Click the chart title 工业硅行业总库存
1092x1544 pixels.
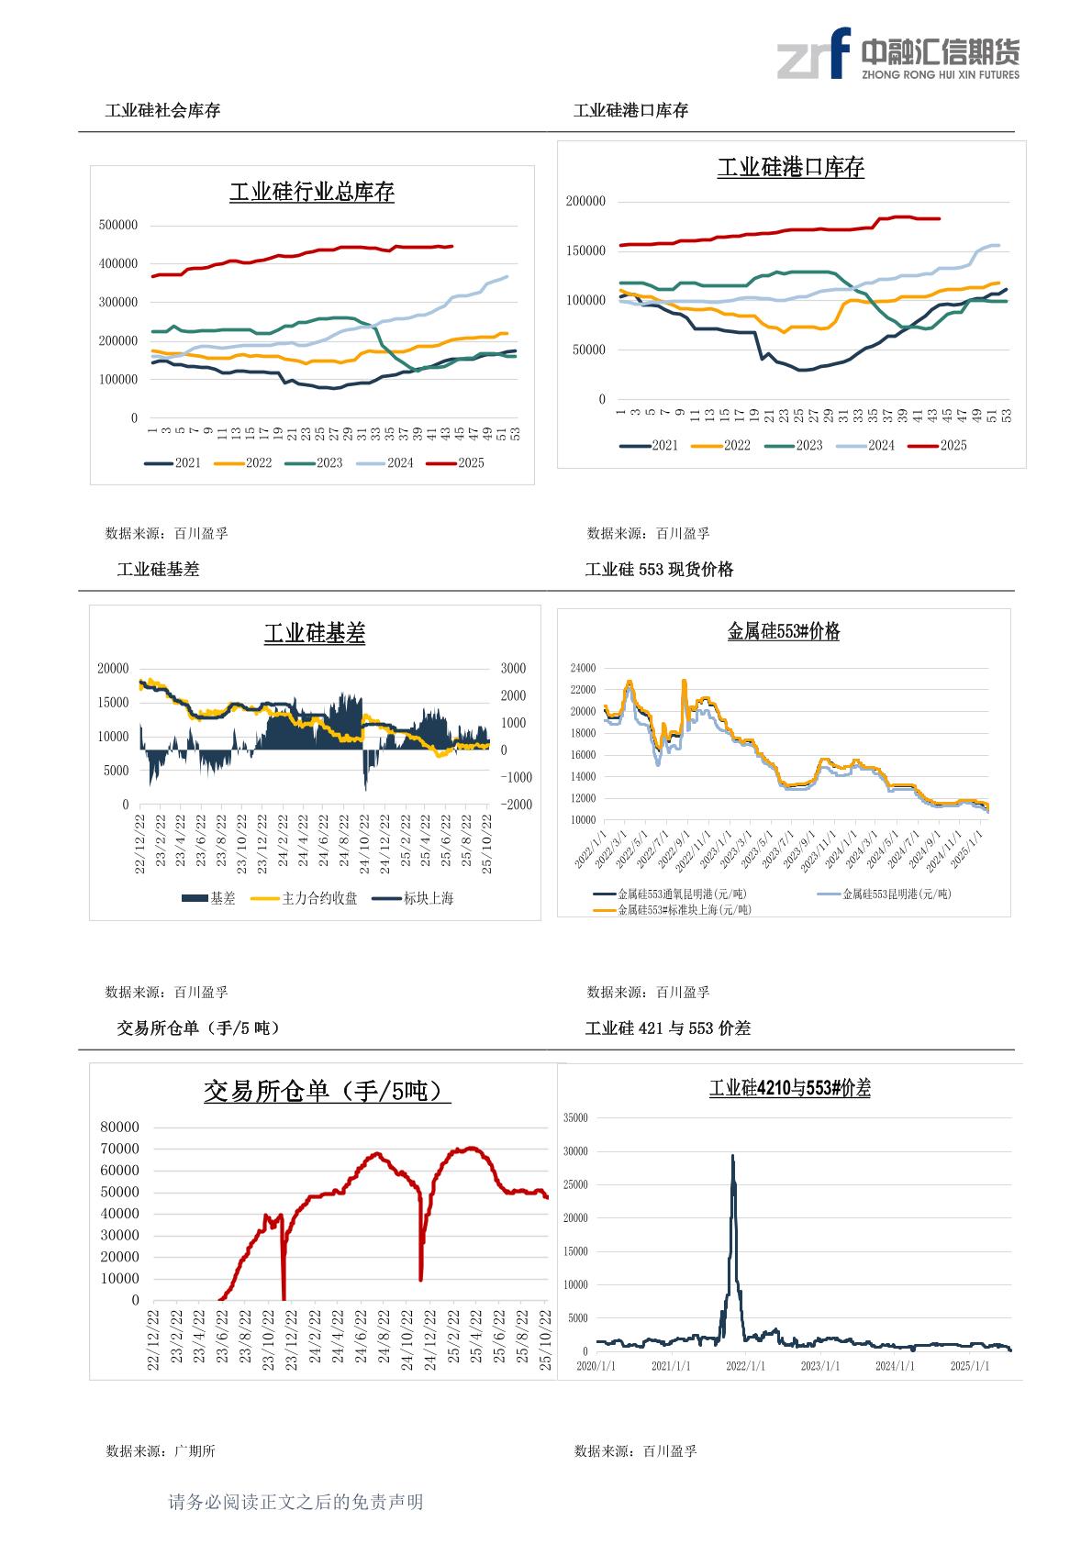click(x=311, y=193)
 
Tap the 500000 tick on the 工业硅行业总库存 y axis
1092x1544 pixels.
click(x=117, y=225)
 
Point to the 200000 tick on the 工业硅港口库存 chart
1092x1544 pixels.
click(x=585, y=202)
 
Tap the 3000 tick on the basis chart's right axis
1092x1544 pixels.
click(x=513, y=669)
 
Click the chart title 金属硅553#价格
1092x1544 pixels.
click(x=783, y=631)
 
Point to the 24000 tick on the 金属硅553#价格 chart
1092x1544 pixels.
click(x=583, y=668)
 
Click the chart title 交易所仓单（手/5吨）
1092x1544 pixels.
click(x=327, y=1092)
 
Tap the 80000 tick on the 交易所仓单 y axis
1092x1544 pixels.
click(x=119, y=1127)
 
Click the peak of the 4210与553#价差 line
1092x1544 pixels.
click(x=732, y=1156)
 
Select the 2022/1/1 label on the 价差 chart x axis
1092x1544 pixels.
click(x=745, y=1366)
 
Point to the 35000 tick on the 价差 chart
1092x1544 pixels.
click(x=574, y=1117)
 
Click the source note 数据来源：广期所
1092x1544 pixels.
click(x=161, y=1451)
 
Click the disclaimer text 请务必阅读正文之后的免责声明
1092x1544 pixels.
click(x=295, y=1503)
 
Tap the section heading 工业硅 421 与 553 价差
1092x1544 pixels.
click(x=667, y=1028)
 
